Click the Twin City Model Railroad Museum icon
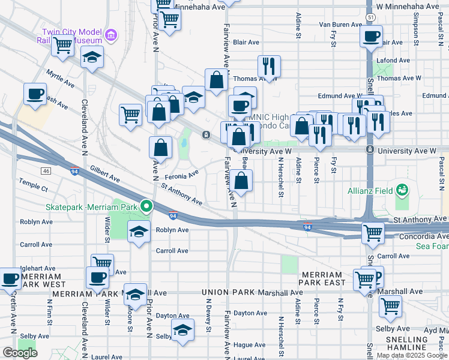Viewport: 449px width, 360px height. point(110,35)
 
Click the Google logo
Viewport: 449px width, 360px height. point(20,352)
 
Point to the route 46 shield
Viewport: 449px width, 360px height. point(46,171)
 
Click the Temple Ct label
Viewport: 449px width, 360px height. point(33,188)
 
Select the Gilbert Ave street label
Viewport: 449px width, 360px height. point(104,175)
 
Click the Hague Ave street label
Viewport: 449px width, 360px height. point(250,345)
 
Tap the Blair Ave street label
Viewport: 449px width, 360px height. point(246,43)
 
